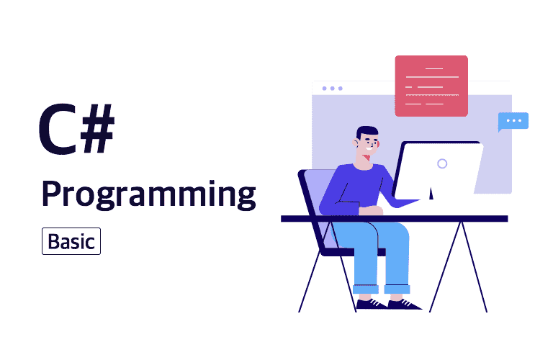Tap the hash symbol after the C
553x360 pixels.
click(x=98, y=128)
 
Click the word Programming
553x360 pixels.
click(x=148, y=195)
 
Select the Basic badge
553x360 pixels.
click(x=71, y=241)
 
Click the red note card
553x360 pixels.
click(x=431, y=86)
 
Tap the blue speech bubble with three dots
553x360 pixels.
click(x=513, y=121)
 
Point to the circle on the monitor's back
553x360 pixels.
click(x=442, y=163)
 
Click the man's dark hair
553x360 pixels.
click(x=367, y=132)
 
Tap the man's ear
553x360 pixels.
click(x=355, y=143)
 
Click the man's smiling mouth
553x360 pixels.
click(x=369, y=148)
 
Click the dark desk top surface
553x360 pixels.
click(x=395, y=219)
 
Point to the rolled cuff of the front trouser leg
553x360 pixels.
click(x=397, y=289)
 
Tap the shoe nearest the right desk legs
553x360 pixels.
click(x=404, y=305)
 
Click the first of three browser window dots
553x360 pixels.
click(x=325, y=89)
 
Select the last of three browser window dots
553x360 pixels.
click(x=341, y=89)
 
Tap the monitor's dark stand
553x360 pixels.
click(x=431, y=194)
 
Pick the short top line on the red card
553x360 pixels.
click(x=434, y=68)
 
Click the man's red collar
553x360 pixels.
click(x=367, y=158)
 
